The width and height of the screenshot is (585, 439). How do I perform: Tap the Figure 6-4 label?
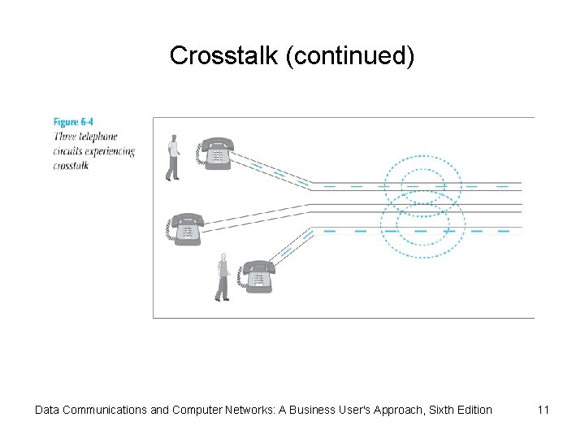pyautogui.click(x=73, y=123)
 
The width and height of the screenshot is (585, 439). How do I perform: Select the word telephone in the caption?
pyautogui.click(x=97, y=137)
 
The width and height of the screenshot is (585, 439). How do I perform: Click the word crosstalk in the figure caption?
pyautogui.click(x=71, y=166)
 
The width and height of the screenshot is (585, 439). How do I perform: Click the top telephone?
pyautogui.click(x=215, y=152)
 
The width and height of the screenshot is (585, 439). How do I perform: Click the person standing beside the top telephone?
pyautogui.click(x=172, y=156)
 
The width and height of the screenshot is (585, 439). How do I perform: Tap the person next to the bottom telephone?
pyautogui.click(x=223, y=276)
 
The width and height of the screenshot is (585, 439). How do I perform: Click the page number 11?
pyautogui.click(x=544, y=410)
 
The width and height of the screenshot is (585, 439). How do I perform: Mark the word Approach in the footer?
pyautogui.click(x=388, y=410)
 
